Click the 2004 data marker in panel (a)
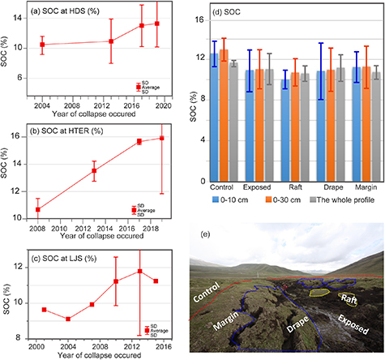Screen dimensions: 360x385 42,45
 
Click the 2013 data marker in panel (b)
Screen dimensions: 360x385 94,170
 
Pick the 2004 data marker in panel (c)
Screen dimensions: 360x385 68,319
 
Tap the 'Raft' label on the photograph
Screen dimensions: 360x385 348,299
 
